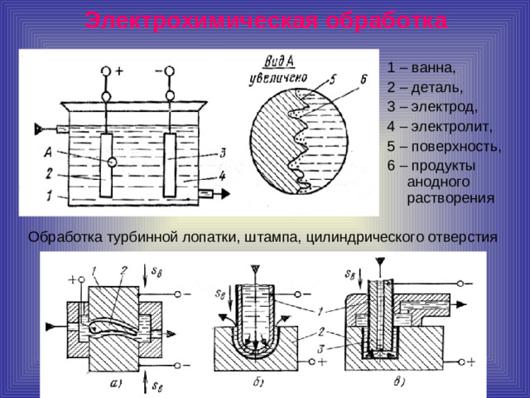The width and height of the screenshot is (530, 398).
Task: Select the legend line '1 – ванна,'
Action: click(421, 66)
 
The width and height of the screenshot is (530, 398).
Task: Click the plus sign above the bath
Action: click(120, 71)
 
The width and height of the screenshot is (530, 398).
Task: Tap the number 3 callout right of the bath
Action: click(223, 153)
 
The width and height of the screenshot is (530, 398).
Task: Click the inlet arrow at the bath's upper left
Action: click(40, 129)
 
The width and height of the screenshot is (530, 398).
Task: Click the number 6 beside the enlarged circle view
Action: click(363, 80)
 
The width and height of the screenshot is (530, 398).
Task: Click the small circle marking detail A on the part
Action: click(111, 163)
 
